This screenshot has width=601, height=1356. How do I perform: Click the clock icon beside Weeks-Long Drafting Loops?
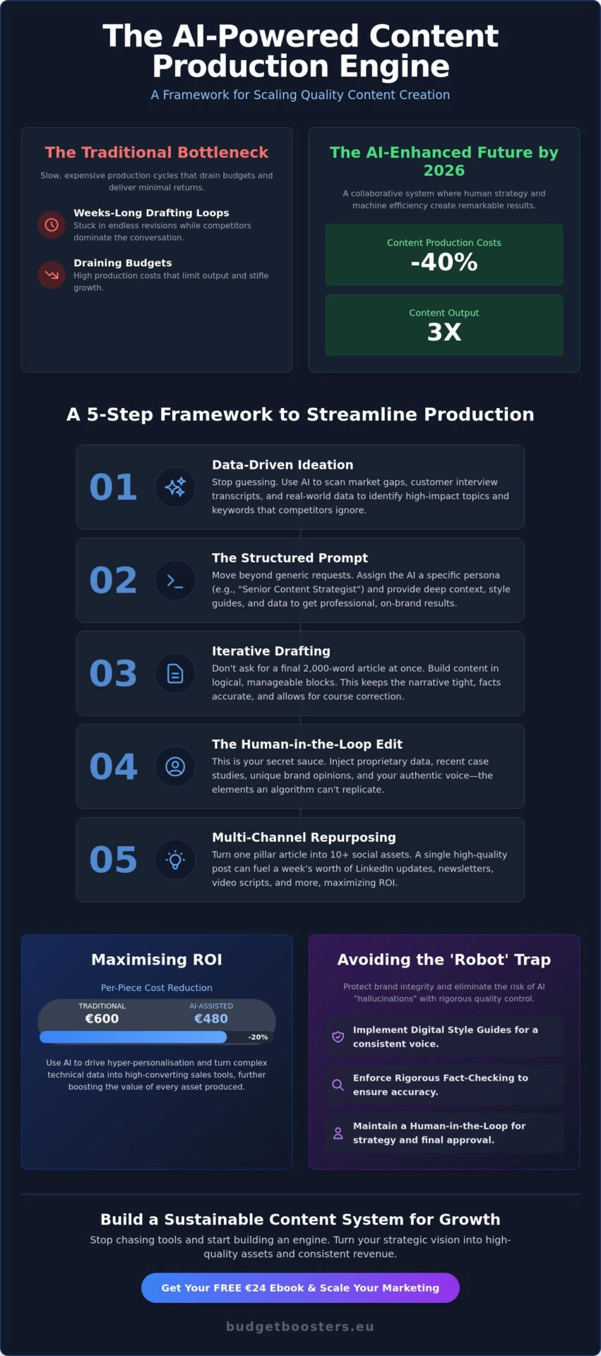click(52, 225)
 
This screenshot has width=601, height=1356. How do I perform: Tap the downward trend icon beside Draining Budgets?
click(52, 275)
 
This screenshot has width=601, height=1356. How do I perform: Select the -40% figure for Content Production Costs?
click(444, 262)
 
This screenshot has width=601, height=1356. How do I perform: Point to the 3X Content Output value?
click(444, 332)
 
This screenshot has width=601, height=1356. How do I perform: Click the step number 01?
click(113, 487)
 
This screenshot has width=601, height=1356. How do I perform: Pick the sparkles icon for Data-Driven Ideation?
click(175, 487)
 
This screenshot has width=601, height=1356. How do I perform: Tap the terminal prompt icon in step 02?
click(175, 581)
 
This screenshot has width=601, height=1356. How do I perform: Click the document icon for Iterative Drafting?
click(175, 674)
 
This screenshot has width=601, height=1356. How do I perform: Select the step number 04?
click(113, 766)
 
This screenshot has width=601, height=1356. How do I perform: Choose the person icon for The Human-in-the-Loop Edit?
click(175, 766)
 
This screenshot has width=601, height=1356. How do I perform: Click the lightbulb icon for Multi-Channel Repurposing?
click(175, 860)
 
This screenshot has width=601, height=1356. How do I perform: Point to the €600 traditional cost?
click(102, 1018)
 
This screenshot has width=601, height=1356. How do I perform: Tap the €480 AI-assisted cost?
click(211, 1018)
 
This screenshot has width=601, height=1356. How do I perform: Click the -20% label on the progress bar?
click(258, 1037)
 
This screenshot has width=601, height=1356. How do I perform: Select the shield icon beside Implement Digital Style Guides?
click(338, 1036)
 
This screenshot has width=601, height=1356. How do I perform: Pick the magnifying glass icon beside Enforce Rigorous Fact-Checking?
click(338, 1085)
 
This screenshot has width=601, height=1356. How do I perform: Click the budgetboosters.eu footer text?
click(300, 1326)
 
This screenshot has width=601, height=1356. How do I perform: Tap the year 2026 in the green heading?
click(444, 170)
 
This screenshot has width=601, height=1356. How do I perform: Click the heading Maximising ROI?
click(157, 959)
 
